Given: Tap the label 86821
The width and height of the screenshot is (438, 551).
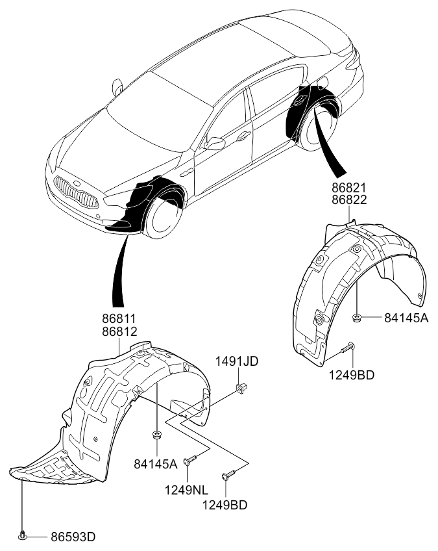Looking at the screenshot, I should pos(350,188).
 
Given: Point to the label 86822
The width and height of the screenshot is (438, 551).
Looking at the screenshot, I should pos(350,200).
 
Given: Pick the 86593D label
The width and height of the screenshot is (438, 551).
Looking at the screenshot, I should pos(73,537).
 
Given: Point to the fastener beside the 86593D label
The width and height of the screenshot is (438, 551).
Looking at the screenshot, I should pos(23,536).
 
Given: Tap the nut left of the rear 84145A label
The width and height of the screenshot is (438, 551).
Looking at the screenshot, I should pos(358,318).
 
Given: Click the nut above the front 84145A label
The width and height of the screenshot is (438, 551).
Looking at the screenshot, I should pos(156,435).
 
